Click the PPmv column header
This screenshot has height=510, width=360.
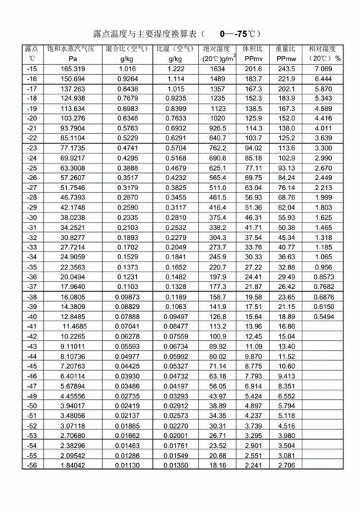[253, 58]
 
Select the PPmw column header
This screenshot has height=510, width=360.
[287, 58]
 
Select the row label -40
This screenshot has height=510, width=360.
[32, 316]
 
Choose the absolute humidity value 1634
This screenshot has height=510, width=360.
[217, 68]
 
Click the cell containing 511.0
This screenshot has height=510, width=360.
[217, 187]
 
